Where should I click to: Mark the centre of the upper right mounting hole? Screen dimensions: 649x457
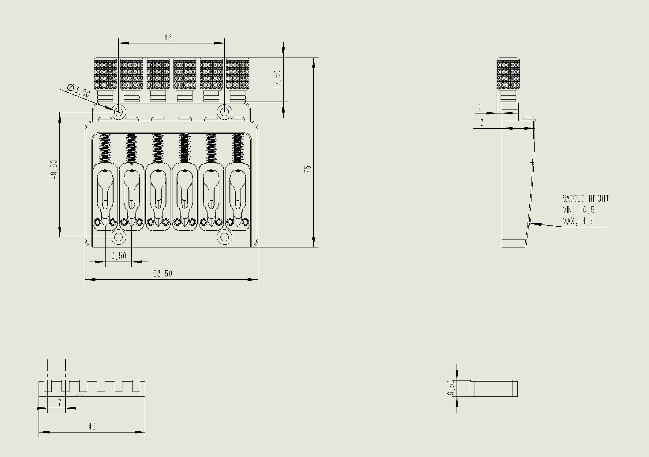coord(225,112)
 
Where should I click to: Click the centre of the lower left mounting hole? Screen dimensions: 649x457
coord(118,237)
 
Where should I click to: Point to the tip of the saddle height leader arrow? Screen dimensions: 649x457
coord(530,224)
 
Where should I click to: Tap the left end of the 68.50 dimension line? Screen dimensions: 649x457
coord(85,280)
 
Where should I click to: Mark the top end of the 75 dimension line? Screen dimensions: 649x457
coord(313,58)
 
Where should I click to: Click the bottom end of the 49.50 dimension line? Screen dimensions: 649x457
coord(60,237)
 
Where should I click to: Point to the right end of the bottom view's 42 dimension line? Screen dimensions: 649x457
coord(145,432)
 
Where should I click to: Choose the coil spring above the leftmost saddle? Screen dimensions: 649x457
coord(105,148)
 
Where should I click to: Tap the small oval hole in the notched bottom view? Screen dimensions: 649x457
coord(79,396)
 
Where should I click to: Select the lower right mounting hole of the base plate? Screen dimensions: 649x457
coord(225,237)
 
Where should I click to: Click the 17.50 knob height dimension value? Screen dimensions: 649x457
coord(277,80)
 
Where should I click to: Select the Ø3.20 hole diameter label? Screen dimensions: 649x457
coord(78,91)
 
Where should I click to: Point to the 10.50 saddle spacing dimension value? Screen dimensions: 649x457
coord(117,256)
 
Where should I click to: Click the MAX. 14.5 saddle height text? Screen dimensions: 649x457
coord(578,221)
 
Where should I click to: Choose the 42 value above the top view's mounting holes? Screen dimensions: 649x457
coord(168,37)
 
